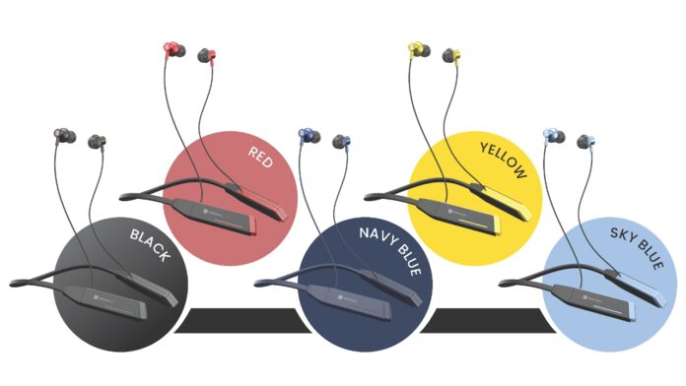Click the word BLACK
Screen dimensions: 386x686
(150, 247)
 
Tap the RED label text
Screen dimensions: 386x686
(260, 156)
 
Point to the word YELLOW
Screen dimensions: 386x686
(503, 160)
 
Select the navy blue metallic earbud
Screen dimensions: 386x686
(307, 135)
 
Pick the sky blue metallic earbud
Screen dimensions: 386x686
(550, 135)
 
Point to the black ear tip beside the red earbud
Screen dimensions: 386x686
(206, 54)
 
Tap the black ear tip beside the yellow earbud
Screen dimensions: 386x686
(452, 54)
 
